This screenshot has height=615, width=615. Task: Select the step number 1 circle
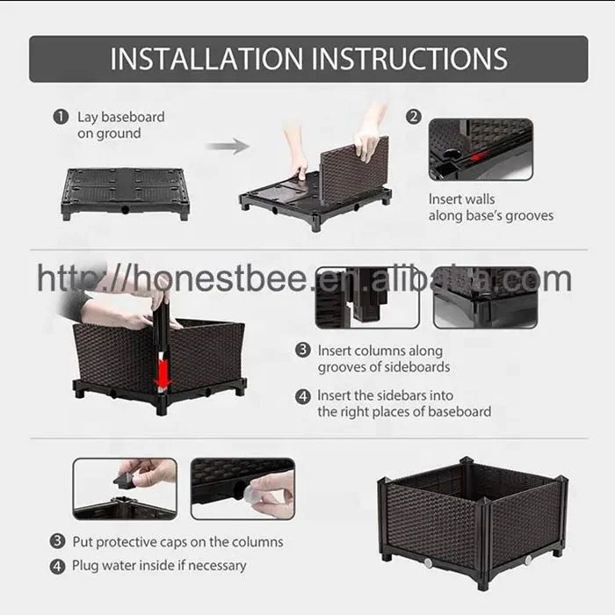[61, 117]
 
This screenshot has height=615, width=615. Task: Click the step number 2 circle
[414, 117]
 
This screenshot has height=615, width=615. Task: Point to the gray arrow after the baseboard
[227, 147]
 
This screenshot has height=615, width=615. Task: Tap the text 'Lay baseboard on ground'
[109, 125]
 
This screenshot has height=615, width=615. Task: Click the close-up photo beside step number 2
[481, 149]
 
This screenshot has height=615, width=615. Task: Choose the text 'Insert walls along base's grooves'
[490, 207]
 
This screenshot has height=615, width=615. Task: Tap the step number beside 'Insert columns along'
[303, 350]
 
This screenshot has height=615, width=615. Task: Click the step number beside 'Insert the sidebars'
[303, 395]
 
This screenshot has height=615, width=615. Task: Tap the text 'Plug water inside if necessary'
[159, 565]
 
